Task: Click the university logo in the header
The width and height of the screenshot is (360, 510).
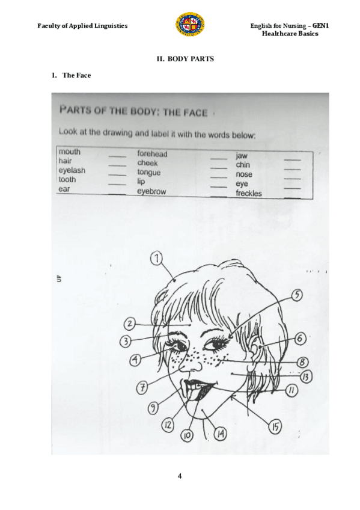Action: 189,25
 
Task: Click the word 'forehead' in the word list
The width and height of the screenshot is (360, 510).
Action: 152,154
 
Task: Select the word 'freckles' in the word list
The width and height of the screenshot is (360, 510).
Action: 248,194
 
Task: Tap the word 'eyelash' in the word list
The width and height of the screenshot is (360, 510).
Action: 72,171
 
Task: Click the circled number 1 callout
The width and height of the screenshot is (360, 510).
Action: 157,259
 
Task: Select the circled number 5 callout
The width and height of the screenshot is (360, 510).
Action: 297,295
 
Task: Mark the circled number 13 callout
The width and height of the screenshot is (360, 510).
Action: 305,377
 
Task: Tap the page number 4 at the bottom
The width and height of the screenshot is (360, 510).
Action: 180,477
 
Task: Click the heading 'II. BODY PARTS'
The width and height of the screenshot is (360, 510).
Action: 185,59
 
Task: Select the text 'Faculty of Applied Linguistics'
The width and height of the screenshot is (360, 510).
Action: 82,26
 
